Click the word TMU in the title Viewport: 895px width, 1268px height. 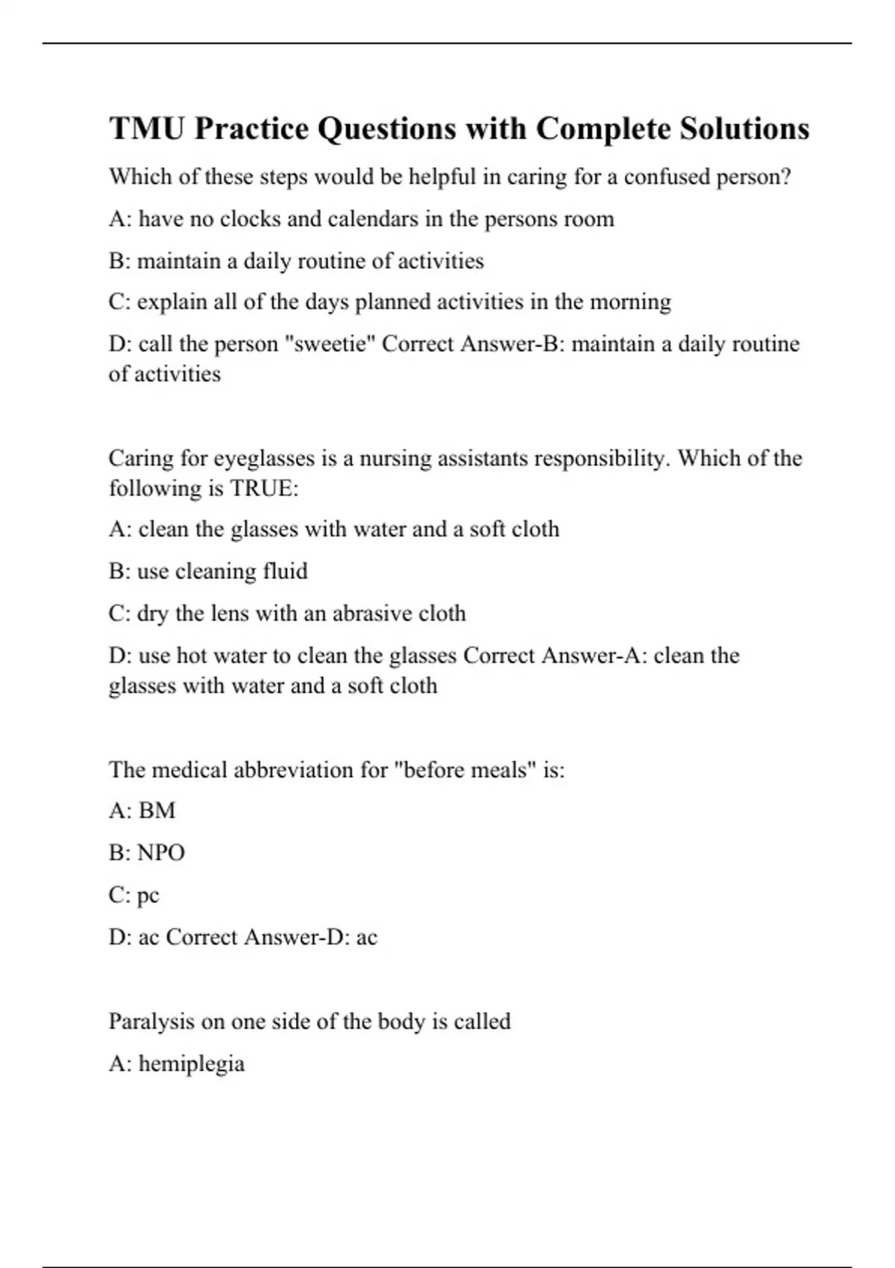[x=147, y=128]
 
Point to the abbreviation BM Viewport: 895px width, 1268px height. [x=157, y=811]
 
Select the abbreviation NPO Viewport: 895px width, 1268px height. [x=161, y=853]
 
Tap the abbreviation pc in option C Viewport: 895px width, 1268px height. [x=148, y=895]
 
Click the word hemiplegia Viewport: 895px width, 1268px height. [x=192, y=1064]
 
